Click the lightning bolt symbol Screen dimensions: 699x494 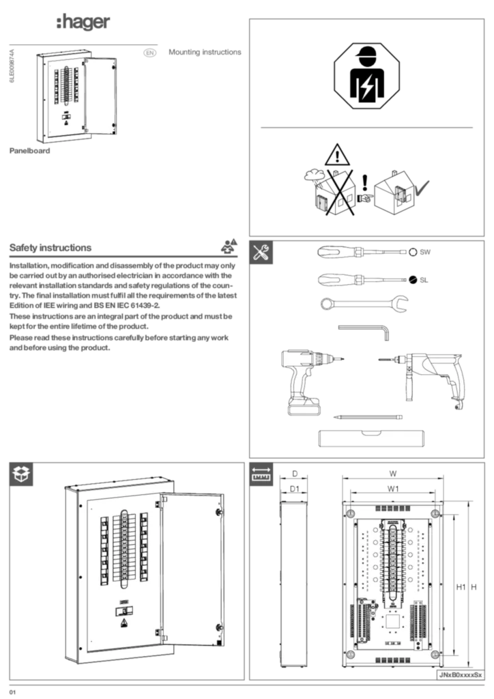click(367, 87)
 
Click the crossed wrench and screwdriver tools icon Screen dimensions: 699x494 click(263, 253)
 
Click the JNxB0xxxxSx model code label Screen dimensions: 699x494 click(460, 674)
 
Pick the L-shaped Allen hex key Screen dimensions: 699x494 click(365, 330)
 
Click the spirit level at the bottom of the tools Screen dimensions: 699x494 click(370, 438)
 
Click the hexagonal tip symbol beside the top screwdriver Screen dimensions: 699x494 click(412, 253)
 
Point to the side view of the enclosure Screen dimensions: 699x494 click(294, 584)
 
